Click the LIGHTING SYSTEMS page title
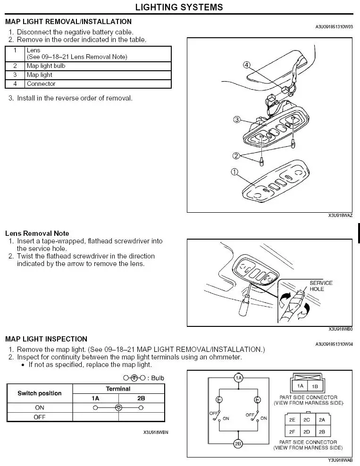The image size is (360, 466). [x=179, y=7]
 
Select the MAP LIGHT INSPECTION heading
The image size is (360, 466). [x=46, y=339]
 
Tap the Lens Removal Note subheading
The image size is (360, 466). [x=37, y=233]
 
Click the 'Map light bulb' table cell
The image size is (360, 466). [x=46, y=66]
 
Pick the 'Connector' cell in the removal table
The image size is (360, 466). [x=41, y=84]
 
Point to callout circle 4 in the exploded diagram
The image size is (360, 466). [x=247, y=65]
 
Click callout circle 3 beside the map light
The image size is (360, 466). [x=237, y=119]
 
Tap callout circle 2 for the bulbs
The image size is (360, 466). [x=236, y=156]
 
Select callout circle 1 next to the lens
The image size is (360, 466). [x=234, y=172]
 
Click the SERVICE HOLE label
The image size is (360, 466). [x=321, y=286]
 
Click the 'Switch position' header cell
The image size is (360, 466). [x=40, y=393]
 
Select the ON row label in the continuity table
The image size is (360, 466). [x=40, y=407]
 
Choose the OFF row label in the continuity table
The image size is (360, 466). [x=40, y=417]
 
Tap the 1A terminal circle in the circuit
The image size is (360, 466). [x=239, y=378]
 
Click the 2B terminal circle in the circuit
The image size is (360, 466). [x=239, y=444]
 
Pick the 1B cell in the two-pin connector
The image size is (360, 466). [x=315, y=386]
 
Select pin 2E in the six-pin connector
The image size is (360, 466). [x=293, y=420]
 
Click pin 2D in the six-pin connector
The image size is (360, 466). [x=307, y=432]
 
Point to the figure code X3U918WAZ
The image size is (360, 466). [x=341, y=215]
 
